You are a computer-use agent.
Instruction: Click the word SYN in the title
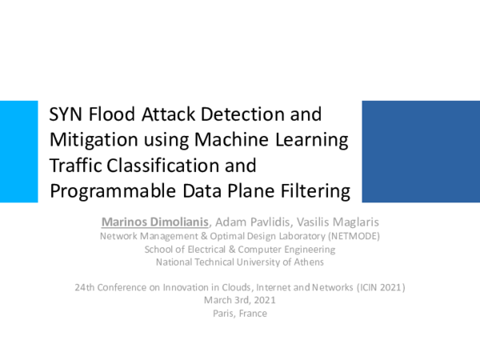click(x=66, y=114)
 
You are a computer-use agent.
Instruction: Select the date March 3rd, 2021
click(x=240, y=300)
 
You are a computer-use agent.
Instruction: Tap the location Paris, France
click(x=240, y=313)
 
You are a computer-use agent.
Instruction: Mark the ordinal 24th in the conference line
click(x=83, y=286)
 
